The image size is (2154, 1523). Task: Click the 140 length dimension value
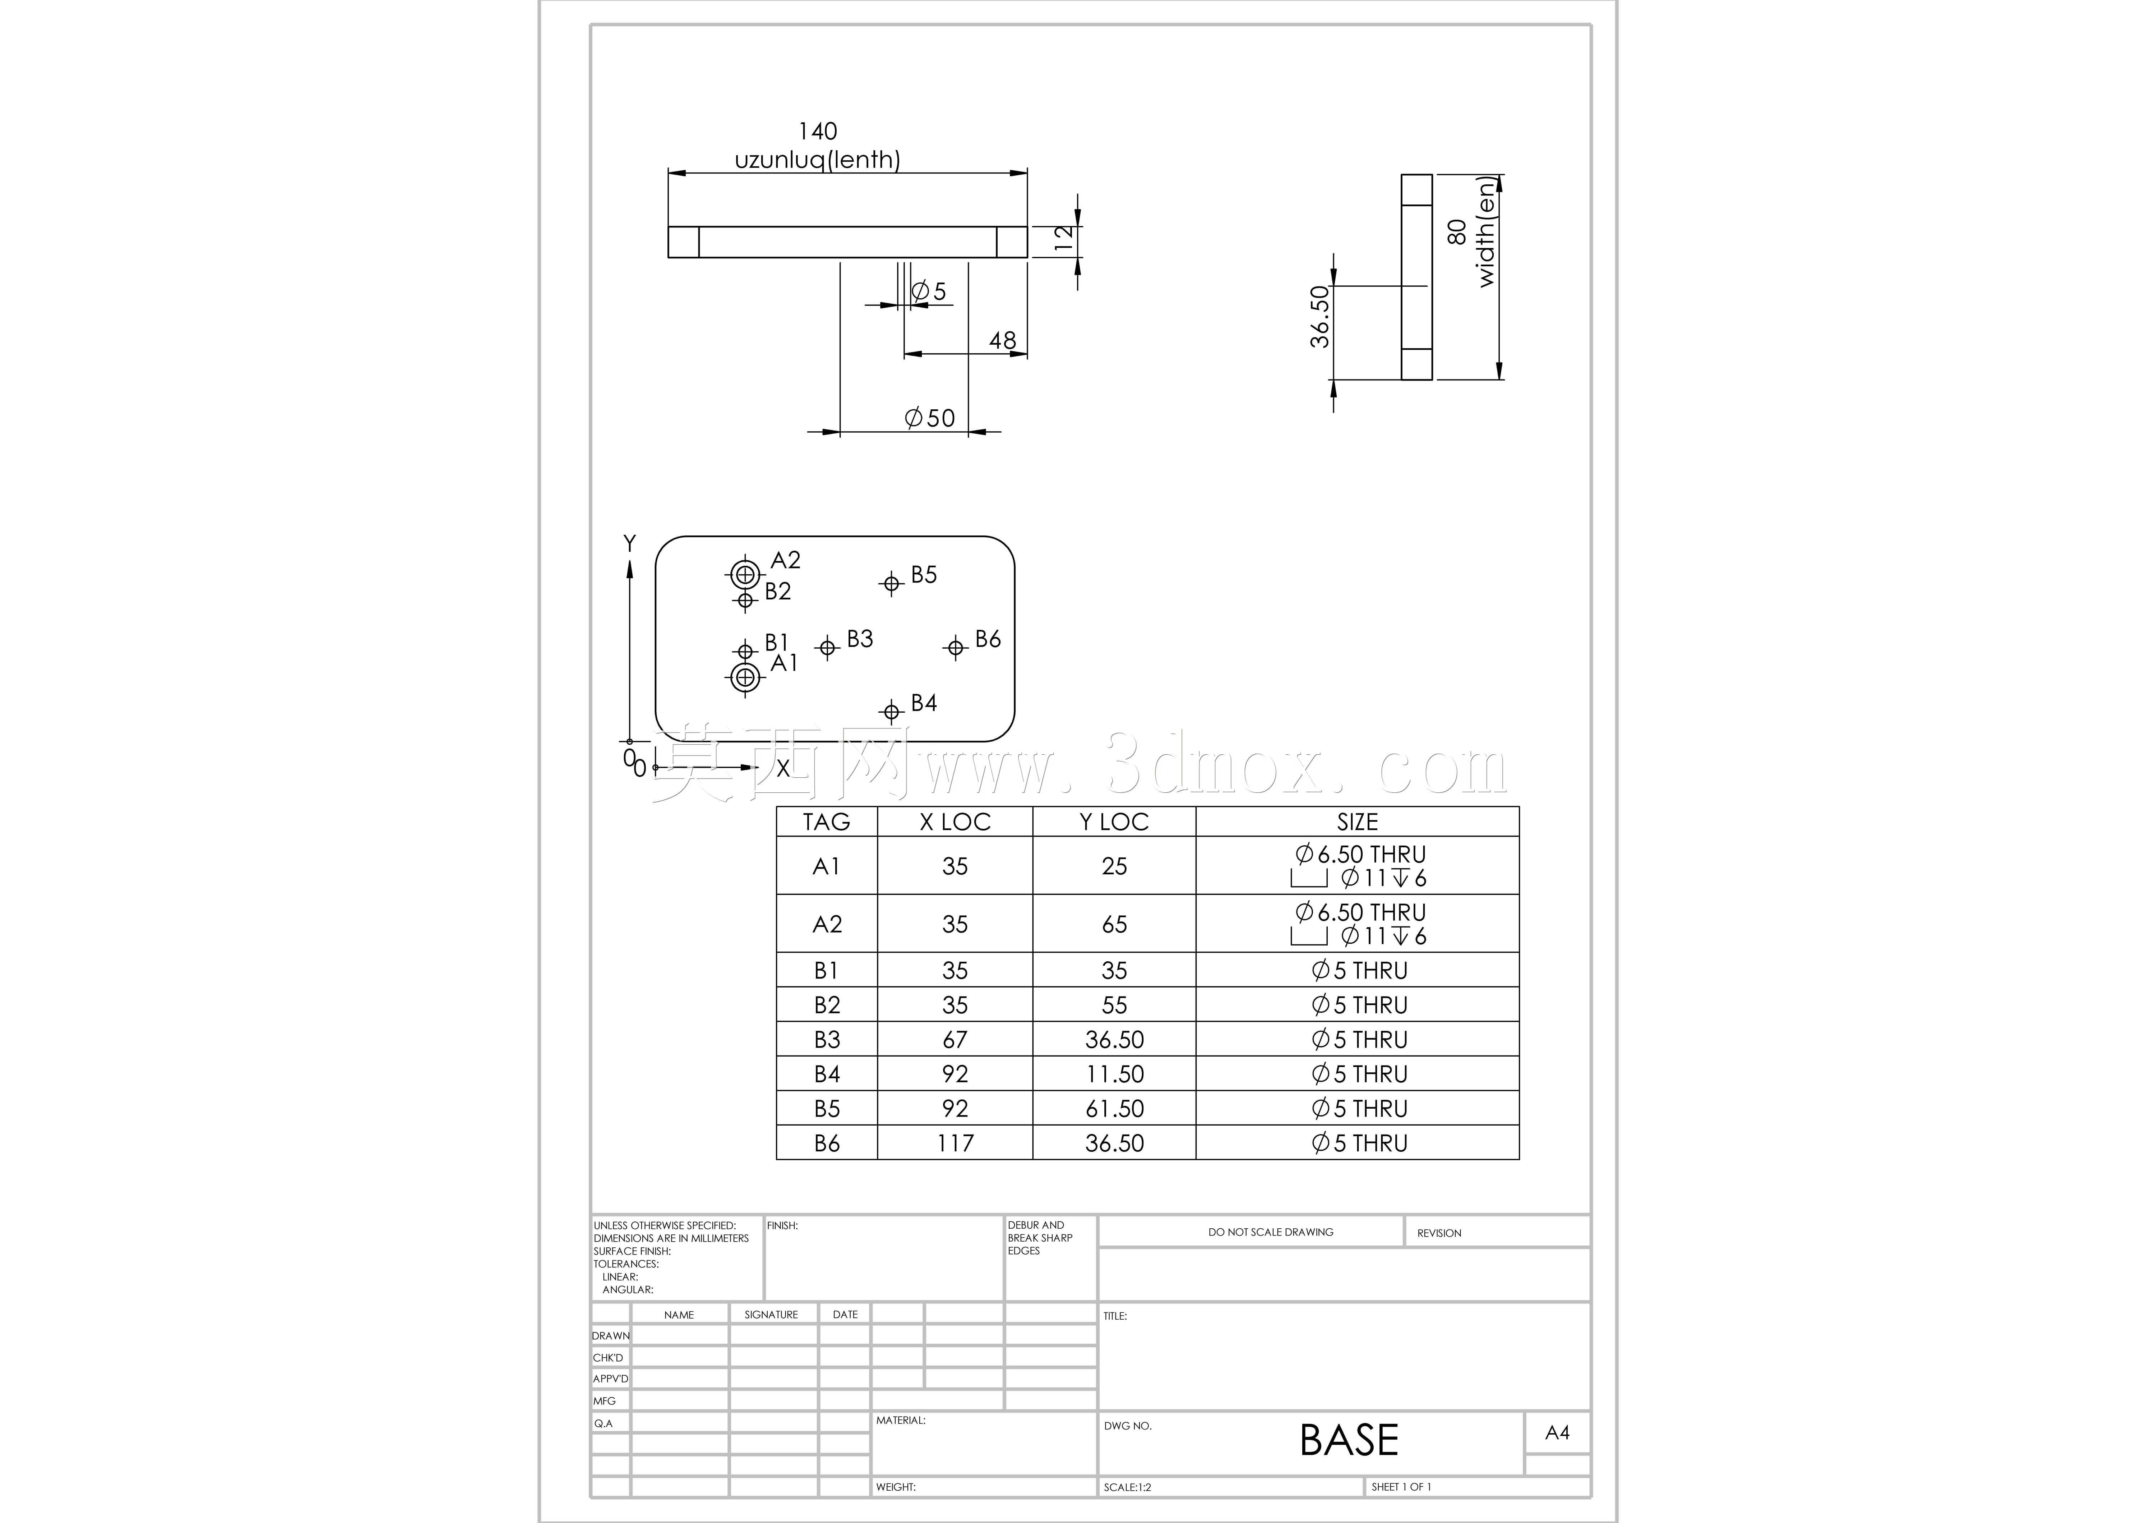(x=817, y=132)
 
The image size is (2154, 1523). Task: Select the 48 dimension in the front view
(x=1002, y=341)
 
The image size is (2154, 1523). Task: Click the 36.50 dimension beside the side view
(x=1320, y=317)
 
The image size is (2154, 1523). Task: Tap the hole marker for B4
(x=891, y=711)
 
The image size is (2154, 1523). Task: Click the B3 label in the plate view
(x=859, y=639)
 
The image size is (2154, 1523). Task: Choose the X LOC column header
(x=955, y=822)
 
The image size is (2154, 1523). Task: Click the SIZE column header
(x=1358, y=822)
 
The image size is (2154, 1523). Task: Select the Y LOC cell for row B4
(x=1114, y=1073)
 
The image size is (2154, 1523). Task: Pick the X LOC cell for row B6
(x=955, y=1143)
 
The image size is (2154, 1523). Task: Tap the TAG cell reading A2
(x=827, y=924)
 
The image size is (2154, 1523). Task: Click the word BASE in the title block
(x=1349, y=1440)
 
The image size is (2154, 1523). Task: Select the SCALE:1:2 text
(x=1128, y=1487)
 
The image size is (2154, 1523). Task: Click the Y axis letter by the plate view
(x=629, y=543)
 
